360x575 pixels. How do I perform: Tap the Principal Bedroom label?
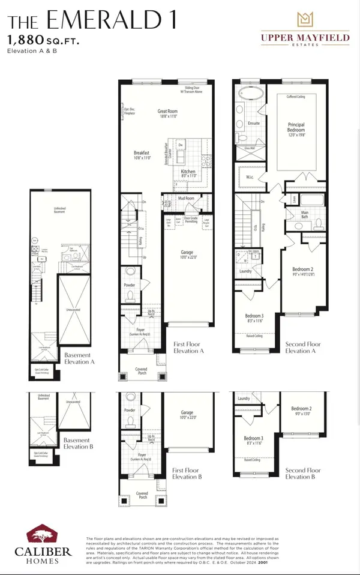pyautogui.click(x=296, y=127)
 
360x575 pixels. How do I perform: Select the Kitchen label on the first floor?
pyautogui.click(x=188, y=172)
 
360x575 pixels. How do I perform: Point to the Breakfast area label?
pyautogui.click(x=142, y=154)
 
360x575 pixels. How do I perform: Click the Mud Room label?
pyautogui.click(x=186, y=198)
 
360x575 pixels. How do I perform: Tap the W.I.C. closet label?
pyautogui.click(x=250, y=176)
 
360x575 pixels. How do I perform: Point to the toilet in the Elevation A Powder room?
pyautogui.click(x=130, y=295)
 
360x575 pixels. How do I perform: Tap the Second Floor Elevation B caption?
pyautogui.click(x=303, y=473)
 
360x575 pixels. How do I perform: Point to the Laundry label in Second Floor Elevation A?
pyautogui.click(x=245, y=271)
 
